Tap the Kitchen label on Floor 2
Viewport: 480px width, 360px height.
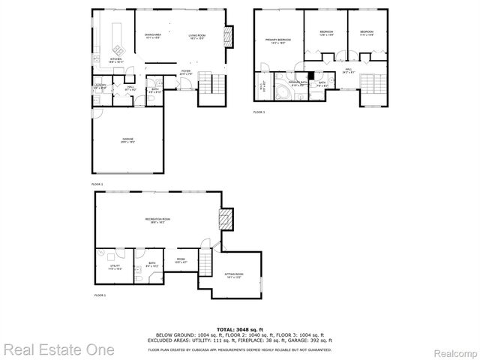click(115, 59)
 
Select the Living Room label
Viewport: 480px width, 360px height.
click(197, 37)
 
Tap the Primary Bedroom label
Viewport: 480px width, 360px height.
click(276, 42)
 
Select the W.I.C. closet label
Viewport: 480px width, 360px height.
click(262, 85)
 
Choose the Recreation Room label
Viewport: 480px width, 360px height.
click(157, 220)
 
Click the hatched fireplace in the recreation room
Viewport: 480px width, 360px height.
click(224, 220)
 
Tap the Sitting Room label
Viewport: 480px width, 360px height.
click(235, 275)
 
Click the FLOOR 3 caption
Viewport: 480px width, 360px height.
click(259, 112)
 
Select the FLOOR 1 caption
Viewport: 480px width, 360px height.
click(100, 296)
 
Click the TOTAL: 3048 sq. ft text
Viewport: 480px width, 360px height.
click(240, 329)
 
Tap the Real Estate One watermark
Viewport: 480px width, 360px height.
click(58, 349)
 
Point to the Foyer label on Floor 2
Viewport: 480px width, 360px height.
click(185, 72)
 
